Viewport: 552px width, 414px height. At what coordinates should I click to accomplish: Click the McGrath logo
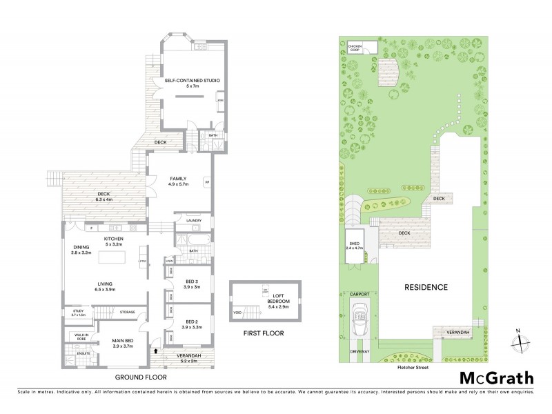(x=496, y=377)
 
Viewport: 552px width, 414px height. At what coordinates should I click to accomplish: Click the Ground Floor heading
(x=141, y=377)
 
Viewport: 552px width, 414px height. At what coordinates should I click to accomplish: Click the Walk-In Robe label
(x=77, y=338)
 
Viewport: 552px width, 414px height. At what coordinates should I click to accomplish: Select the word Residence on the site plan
(x=425, y=287)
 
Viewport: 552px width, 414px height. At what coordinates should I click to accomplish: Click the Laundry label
(x=194, y=220)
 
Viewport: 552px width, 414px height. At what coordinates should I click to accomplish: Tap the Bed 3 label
(x=193, y=284)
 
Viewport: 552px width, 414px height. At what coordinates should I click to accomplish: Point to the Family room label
(x=179, y=181)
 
